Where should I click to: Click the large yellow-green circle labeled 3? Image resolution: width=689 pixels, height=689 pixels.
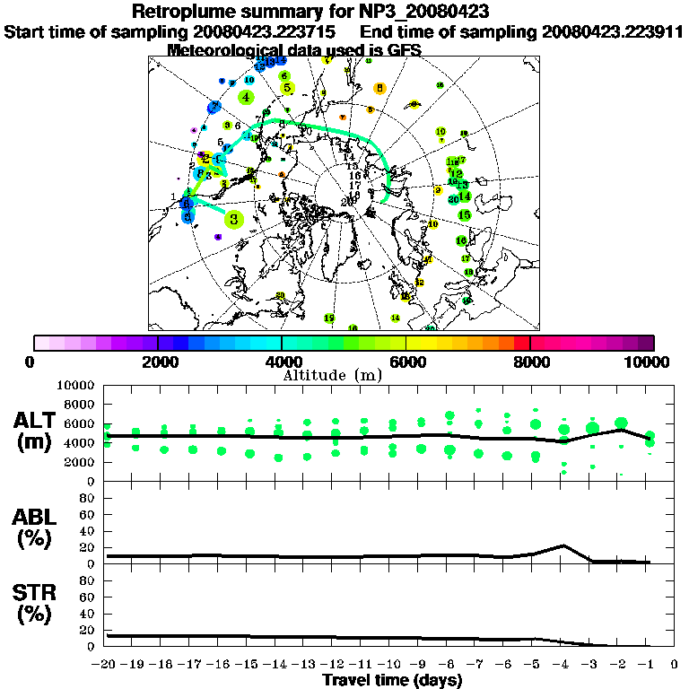click(x=234, y=218)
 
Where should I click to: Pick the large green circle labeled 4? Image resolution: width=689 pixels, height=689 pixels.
click(x=246, y=97)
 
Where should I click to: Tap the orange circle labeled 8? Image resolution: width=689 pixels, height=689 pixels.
click(x=380, y=88)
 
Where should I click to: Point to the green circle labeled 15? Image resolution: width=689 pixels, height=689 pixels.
click(x=465, y=215)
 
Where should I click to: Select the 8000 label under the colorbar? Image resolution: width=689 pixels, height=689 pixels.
click(x=531, y=362)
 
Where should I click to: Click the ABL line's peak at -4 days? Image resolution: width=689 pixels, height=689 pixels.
click(x=563, y=545)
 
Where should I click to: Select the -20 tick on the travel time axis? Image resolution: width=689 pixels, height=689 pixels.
click(x=107, y=665)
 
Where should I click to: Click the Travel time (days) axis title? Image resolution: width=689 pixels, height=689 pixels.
click(x=392, y=680)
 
